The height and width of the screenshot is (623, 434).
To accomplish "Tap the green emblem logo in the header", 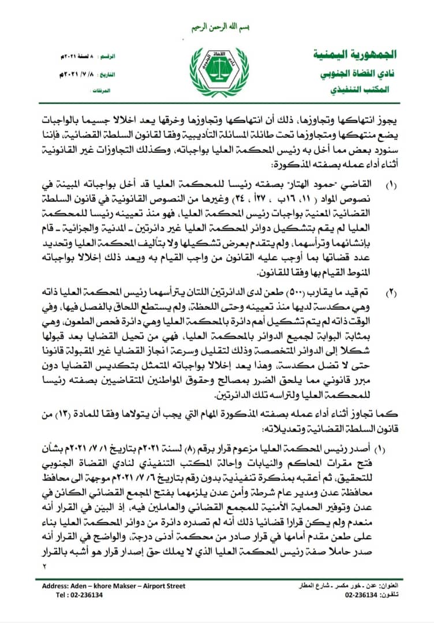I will point(216,72).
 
